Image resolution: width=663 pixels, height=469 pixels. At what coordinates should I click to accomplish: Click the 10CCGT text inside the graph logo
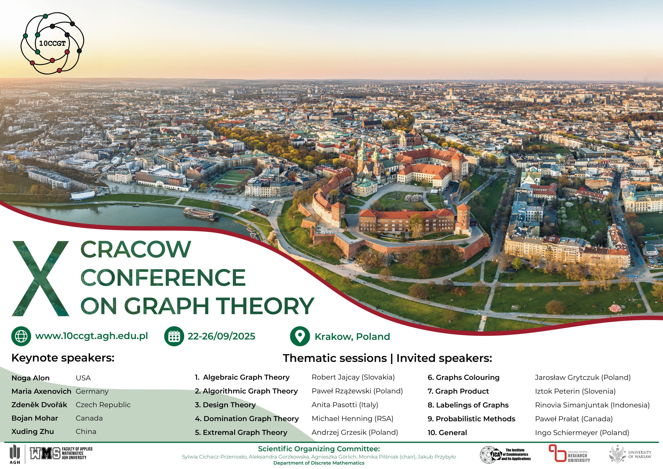pos(52,44)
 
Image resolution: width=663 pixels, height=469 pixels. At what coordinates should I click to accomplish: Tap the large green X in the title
pos(40,279)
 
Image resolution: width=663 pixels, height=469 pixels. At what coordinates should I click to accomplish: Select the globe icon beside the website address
pos(21,336)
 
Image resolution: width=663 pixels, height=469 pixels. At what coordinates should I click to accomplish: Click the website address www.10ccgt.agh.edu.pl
pos(91,336)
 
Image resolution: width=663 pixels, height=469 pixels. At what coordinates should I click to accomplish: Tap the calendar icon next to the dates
pos(174,336)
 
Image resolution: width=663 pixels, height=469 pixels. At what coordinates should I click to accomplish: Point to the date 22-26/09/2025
pos(221,336)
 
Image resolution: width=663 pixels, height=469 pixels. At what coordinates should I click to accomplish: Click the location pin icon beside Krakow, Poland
pos(300,336)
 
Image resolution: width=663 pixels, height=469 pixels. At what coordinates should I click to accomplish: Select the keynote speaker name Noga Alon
pos(31,378)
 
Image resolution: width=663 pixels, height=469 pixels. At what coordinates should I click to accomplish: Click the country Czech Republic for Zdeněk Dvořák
pos(103,405)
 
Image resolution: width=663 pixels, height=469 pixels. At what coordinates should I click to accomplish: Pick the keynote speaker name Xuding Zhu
pos(33,432)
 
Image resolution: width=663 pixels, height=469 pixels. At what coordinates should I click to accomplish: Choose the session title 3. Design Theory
pos(225,405)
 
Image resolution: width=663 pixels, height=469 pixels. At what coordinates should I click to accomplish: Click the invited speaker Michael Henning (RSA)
pos(352,419)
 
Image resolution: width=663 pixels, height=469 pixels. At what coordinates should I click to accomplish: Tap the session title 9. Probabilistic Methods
pos(471,419)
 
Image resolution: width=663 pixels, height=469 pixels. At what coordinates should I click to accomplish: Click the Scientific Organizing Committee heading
pos(319,449)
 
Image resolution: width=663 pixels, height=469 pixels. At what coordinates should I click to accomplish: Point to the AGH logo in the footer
pos(15,454)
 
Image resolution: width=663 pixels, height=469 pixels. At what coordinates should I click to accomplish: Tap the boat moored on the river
pos(201,214)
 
